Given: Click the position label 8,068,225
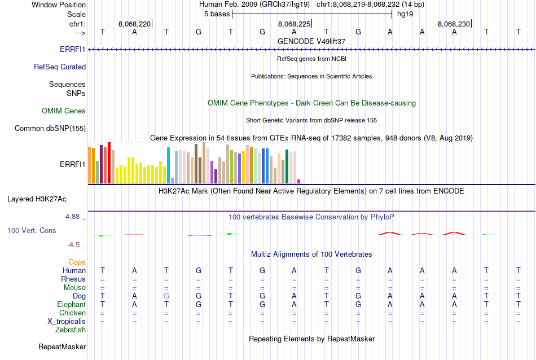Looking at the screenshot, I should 294,24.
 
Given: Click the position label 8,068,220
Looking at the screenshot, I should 134,24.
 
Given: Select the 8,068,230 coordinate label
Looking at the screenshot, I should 454,24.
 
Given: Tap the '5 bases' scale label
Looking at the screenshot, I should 217,14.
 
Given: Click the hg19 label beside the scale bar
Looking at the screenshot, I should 405,14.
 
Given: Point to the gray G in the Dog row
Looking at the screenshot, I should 166,296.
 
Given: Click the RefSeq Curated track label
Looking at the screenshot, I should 60,67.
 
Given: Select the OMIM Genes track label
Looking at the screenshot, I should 64,111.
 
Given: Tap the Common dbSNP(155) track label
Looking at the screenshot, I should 50,129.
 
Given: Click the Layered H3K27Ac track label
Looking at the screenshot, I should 37,199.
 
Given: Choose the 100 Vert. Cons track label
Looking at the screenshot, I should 32,231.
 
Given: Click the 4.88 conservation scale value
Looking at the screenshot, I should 73,216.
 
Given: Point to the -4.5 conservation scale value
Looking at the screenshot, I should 74,245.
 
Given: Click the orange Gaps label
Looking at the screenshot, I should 77,262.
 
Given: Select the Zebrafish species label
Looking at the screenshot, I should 71,330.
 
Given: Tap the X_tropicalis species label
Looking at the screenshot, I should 67,322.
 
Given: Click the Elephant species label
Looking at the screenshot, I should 71,305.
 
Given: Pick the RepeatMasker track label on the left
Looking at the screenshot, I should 62,347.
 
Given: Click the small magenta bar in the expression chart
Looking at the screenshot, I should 298,181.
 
